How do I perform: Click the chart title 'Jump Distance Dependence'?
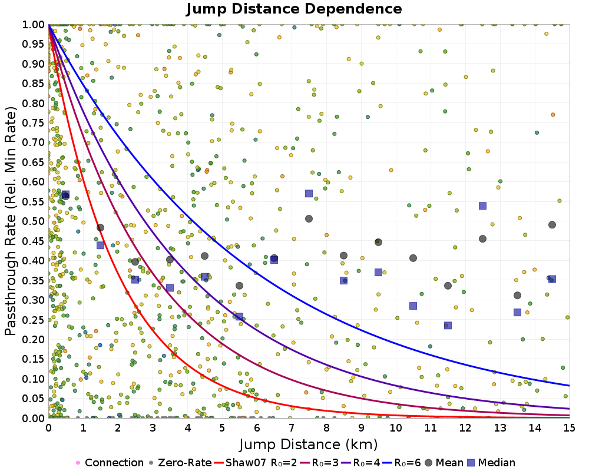click(294, 9)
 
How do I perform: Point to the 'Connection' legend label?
click(114, 463)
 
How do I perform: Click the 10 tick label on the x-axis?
click(396, 429)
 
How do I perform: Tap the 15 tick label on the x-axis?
click(570, 429)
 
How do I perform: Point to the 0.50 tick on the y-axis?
click(34, 221)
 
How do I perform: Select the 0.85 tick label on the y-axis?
click(34, 84)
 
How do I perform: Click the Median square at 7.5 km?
click(309, 193)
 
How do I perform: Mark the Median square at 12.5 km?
click(482, 205)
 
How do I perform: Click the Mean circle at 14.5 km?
click(552, 225)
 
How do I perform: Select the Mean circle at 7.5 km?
click(309, 218)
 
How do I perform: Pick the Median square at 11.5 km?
click(448, 325)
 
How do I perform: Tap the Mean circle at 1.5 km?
click(100, 228)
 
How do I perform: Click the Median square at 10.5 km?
click(413, 306)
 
